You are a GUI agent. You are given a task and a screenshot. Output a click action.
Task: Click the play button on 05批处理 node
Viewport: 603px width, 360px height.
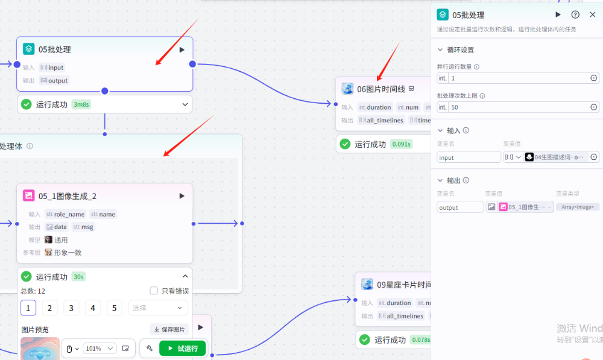182,49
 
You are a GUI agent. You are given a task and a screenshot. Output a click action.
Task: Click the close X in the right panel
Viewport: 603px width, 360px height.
592,14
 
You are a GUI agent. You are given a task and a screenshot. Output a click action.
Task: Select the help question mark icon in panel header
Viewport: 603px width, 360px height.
575,14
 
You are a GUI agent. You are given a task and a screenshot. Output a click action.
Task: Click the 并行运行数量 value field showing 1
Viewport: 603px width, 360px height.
519,78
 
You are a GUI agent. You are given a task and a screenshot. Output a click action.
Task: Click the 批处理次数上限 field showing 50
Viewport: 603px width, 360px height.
519,107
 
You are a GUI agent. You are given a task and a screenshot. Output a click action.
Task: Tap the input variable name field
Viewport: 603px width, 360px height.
469,157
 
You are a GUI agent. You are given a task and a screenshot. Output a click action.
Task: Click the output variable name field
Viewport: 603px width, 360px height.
460,207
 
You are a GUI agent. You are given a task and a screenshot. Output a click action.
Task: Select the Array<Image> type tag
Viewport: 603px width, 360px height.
577,207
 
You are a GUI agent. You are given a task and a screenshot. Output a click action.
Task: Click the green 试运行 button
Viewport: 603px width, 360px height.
182,349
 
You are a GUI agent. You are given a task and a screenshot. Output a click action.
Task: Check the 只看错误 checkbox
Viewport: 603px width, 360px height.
154,291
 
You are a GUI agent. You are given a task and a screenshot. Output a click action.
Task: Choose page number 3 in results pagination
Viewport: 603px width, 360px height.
71,308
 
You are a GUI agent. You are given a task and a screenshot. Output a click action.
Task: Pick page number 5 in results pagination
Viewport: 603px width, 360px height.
115,308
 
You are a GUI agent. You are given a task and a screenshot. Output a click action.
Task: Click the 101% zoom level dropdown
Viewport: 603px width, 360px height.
99,349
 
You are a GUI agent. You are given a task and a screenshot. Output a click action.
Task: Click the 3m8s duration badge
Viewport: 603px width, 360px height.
81,104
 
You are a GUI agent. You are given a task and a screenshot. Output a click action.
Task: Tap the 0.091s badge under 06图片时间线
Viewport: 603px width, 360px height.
401,144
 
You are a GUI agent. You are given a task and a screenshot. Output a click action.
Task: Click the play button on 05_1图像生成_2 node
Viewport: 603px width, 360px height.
182,196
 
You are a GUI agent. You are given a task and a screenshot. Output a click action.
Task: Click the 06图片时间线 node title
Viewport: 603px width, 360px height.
381,89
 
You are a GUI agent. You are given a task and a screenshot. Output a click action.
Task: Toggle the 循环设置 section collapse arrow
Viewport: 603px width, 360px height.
440,50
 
